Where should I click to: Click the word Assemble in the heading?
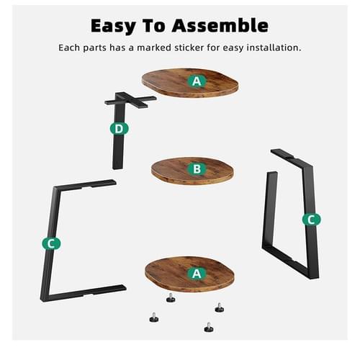point(220,25)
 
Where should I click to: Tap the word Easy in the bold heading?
point(113,27)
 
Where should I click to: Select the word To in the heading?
point(154,25)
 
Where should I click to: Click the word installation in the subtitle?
point(274,48)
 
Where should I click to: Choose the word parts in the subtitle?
point(94,48)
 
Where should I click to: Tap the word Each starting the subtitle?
point(69,48)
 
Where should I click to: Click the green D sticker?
point(120,129)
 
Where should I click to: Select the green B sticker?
point(197,169)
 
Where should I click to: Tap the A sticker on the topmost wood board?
point(197,81)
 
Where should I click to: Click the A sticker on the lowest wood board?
point(197,274)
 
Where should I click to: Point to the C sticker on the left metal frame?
point(51,243)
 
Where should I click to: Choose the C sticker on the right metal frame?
point(311,220)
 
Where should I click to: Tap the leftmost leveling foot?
point(154,318)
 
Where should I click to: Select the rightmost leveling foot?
point(220,307)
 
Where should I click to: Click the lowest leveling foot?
point(209,328)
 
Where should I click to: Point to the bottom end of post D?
point(117,168)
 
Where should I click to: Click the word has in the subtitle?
point(117,48)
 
